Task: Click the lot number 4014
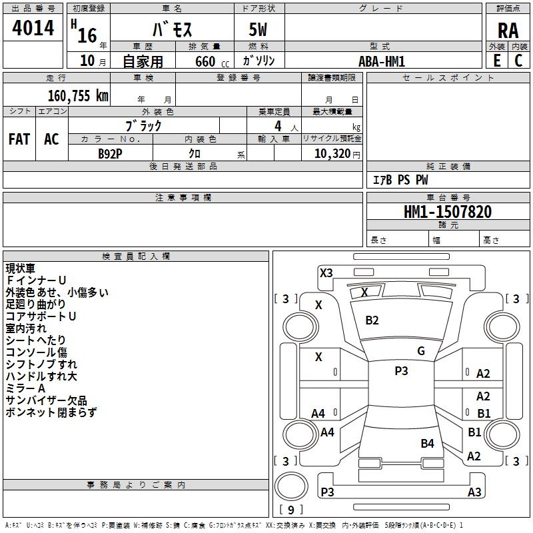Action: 33,28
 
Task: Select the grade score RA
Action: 508,30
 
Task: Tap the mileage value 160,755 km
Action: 78,95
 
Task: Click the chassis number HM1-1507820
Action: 448,212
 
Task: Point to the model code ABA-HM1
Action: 382,61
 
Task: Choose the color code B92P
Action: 111,153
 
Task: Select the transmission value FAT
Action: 19,139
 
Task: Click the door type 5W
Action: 259,30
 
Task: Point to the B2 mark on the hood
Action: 372,320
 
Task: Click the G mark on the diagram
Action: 421,351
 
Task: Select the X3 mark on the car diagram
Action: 326,272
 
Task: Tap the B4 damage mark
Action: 427,443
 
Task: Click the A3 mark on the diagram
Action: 474,492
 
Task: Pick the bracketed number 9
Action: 290,510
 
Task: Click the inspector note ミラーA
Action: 25,388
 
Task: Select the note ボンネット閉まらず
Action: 51,412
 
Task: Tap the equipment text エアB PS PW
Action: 400,181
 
